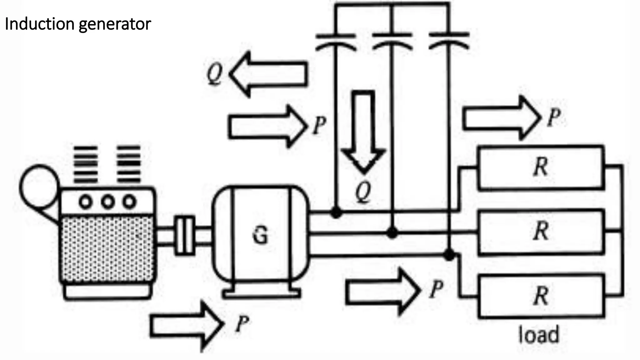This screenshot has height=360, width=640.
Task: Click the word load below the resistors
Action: click(538, 335)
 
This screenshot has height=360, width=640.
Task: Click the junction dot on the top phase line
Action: click(336, 213)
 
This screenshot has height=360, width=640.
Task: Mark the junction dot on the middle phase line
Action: click(392, 232)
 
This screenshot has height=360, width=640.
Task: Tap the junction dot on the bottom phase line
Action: click(449, 255)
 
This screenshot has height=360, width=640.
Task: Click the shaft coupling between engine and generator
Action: click(184, 235)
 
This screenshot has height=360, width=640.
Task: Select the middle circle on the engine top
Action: click(107, 202)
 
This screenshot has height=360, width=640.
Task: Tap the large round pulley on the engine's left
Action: click(39, 187)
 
